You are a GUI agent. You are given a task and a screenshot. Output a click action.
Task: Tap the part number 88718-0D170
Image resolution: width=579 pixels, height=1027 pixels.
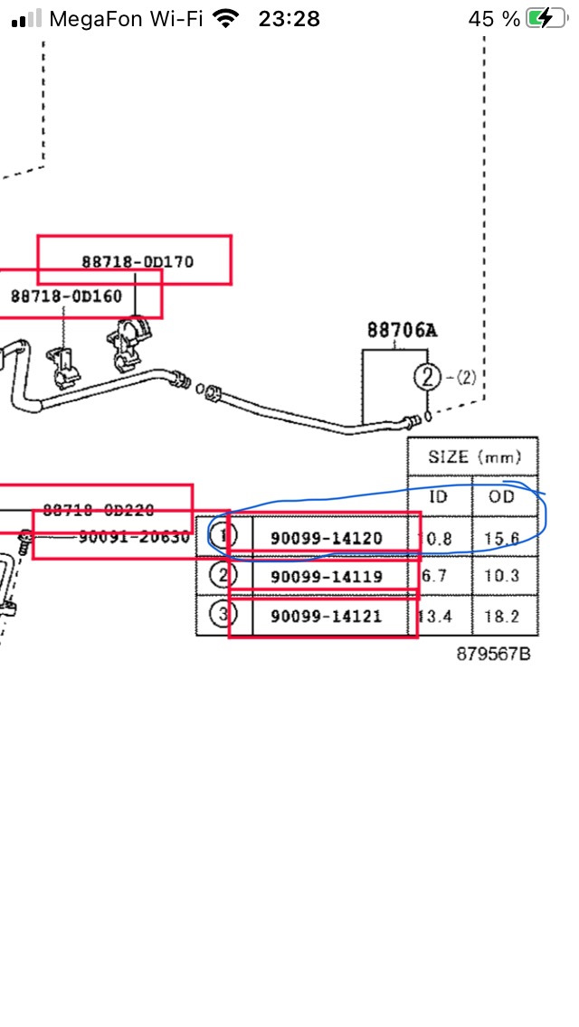coord(138,262)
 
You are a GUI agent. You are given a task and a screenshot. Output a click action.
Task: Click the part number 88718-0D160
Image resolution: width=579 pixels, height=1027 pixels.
coord(66,296)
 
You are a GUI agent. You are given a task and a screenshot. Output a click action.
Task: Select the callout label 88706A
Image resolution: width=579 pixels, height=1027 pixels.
coord(402,330)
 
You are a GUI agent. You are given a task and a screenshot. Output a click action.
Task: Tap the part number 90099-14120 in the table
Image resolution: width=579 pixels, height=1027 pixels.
coord(326,539)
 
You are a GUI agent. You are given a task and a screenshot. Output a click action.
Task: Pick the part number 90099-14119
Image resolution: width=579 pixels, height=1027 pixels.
coord(326,577)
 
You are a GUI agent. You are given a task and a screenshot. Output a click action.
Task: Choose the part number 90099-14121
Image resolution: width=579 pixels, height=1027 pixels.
coord(326,617)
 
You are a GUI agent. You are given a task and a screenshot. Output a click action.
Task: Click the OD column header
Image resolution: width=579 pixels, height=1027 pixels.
coord(500,496)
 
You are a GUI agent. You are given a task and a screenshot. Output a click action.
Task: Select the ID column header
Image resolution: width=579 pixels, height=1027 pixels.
coord(438,496)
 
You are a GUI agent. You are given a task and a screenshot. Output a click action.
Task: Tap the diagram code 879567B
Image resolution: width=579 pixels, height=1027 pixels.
coord(493,654)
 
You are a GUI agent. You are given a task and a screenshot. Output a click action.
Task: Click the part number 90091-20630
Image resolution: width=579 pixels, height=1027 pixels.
coord(133,536)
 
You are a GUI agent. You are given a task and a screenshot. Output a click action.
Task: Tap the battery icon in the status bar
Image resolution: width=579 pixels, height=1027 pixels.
coord(542,18)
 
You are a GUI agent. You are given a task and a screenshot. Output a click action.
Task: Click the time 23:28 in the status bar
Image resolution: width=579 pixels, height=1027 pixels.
coord(289,18)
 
